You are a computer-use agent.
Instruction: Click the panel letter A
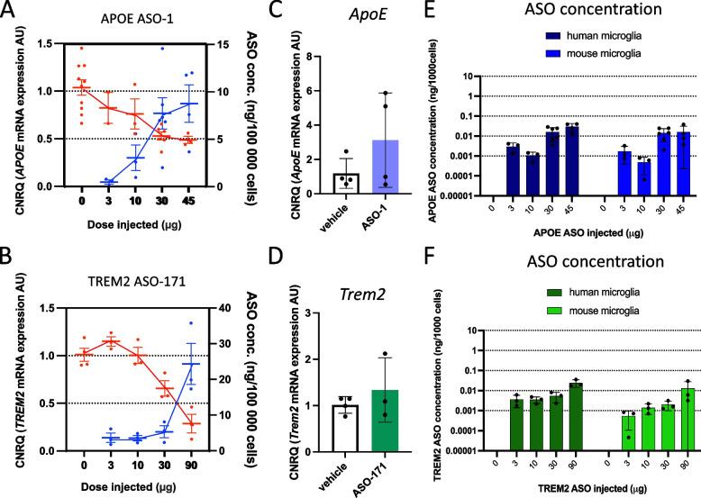pos(10,10)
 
